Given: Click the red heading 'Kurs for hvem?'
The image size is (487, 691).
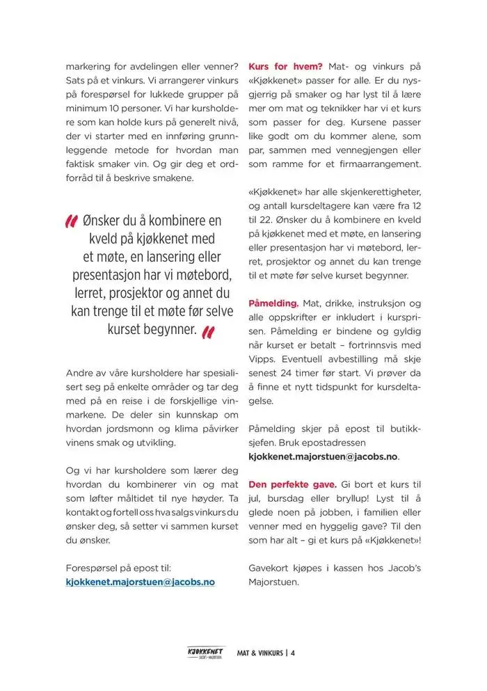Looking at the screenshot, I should coord(285,67).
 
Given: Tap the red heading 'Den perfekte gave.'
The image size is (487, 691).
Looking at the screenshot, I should coord(293,484).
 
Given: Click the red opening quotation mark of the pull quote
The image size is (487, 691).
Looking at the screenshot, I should coord(70,221).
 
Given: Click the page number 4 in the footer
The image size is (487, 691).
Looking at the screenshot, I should coord(294,653).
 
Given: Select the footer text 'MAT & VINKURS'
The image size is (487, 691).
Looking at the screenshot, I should coord(260,653).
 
